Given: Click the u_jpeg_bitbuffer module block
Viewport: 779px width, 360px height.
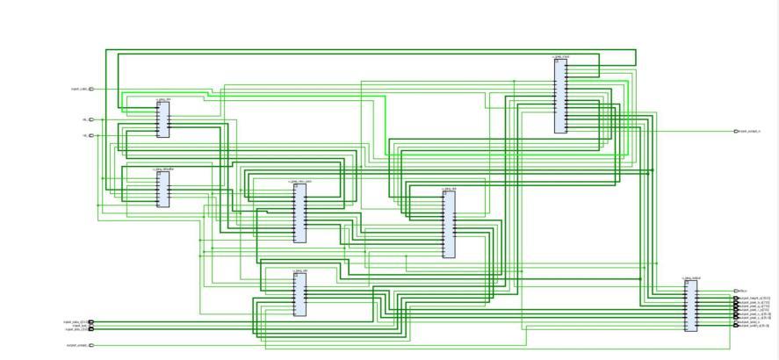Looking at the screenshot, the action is tap(162, 189).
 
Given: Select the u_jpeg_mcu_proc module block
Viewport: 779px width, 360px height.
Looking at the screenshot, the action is tap(300, 213).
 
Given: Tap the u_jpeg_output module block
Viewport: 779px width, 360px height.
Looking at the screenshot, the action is tap(690, 306).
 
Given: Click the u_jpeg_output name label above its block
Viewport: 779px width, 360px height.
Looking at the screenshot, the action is tap(691, 278).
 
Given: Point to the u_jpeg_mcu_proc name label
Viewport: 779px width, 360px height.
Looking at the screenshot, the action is tap(300, 182).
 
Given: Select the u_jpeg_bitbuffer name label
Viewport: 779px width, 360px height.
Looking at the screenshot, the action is tap(163, 169).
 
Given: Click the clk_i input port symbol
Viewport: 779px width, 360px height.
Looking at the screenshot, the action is tap(91, 119).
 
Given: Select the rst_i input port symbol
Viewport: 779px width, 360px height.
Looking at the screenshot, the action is tap(91, 135).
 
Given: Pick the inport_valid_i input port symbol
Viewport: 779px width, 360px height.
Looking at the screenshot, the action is tap(91, 89).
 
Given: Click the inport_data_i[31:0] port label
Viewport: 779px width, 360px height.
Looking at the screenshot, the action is tap(74, 321).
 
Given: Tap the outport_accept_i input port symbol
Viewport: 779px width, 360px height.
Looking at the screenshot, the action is tap(91, 346).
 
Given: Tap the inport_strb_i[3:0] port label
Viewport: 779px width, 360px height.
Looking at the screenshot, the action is tap(75, 330).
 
